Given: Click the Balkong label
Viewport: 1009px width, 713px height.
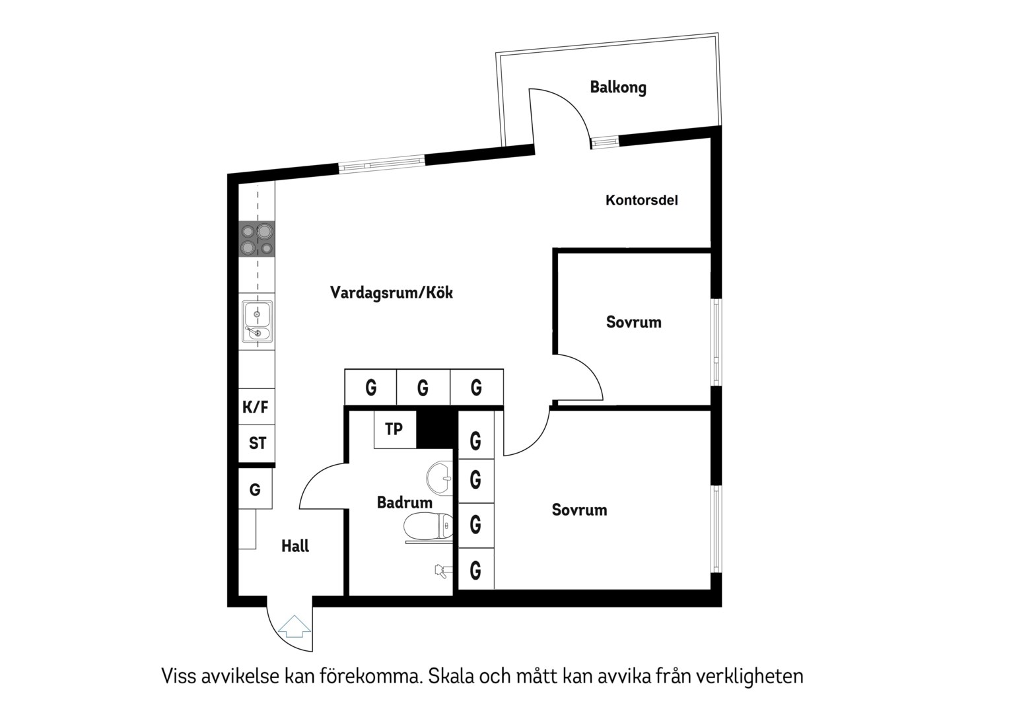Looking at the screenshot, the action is click(x=618, y=87).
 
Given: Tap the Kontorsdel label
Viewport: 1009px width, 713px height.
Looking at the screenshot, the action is click(x=641, y=201).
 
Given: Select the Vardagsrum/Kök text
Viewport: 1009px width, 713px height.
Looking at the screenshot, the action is click(x=392, y=292).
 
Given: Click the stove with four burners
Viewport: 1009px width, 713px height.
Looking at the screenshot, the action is click(x=257, y=239).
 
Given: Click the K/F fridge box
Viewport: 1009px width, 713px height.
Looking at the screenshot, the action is click(x=256, y=406).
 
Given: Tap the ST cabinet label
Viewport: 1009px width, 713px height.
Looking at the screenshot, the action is click(x=258, y=443).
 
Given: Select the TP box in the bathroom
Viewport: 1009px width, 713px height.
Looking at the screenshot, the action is click(x=395, y=430).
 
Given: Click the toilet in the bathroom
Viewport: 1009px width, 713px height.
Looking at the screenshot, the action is click(x=428, y=527).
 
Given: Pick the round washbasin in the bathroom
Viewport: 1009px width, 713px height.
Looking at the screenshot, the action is click(x=440, y=479).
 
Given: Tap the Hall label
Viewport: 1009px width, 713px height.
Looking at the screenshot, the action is click(x=295, y=547).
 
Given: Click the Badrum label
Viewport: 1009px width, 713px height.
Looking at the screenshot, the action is click(x=405, y=502).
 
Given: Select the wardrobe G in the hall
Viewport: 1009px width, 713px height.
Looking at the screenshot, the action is click(x=255, y=490).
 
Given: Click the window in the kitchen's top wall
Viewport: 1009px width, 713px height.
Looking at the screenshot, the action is click(x=382, y=164).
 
